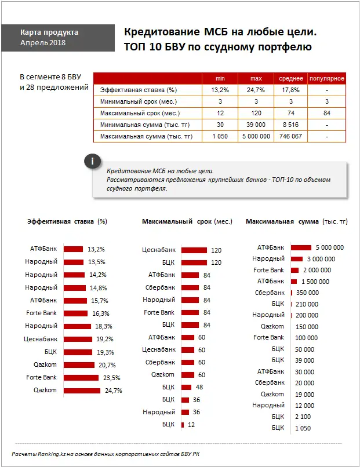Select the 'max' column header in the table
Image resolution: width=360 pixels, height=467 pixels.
click(x=256, y=78)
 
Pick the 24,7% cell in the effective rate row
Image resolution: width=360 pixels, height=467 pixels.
click(x=256, y=90)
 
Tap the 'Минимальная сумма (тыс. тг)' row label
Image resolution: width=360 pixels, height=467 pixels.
click(x=148, y=125)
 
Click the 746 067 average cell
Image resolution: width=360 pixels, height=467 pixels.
click(x=290, y=136)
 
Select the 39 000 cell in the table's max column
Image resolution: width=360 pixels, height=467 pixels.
click(x=256, y=125)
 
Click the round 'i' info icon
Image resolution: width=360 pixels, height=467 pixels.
click(x=93, y=162)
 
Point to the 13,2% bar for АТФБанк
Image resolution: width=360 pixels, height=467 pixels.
click(x=73, y=249)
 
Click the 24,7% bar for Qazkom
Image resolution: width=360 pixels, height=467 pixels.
click(x=82, y=391)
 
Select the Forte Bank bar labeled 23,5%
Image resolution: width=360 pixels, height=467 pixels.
click(x=81, y=378)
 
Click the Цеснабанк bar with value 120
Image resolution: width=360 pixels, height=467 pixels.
click(x=194, y=250)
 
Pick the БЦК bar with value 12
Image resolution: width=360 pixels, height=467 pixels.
click(x=183, y=425)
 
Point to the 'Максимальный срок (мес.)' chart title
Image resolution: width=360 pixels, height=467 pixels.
click(x=187, y=221)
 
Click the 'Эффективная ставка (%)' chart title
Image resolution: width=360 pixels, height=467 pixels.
click(x=67, y=221)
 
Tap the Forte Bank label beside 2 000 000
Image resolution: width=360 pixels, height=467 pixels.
click(x=269, y=270)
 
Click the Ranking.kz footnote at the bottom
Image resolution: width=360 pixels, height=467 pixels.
click(x=107, y=453)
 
